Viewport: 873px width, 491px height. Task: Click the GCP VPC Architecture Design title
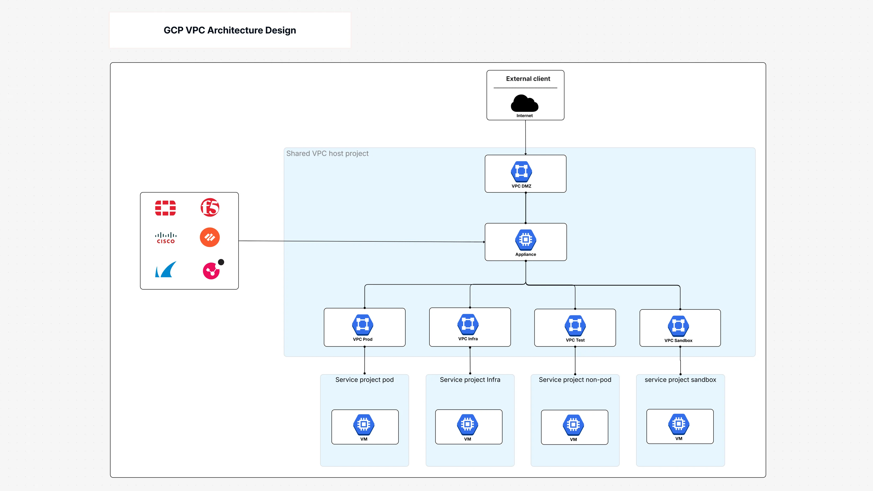point(230,30)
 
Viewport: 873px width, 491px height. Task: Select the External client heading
point(528,79)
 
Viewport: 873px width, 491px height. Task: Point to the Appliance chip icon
point(525,240)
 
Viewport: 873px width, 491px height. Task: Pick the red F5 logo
point(210,207)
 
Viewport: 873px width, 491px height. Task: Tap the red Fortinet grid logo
point(165,208)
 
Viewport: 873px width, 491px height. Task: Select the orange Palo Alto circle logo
point(210,237)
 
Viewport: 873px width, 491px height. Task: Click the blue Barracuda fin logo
point(165,269)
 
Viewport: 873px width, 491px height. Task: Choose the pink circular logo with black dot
point(212,270)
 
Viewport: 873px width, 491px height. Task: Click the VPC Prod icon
point(363,325)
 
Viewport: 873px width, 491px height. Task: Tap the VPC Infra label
point(468,339)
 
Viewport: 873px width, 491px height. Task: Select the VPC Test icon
point(575,325)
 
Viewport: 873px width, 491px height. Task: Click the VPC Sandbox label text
point(678,340)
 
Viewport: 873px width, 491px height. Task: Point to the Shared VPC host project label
point(327,153)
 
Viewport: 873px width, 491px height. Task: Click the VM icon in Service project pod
point(364,424)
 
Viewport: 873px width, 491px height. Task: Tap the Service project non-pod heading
point(575,380)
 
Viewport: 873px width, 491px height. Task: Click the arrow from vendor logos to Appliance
point(361,241)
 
